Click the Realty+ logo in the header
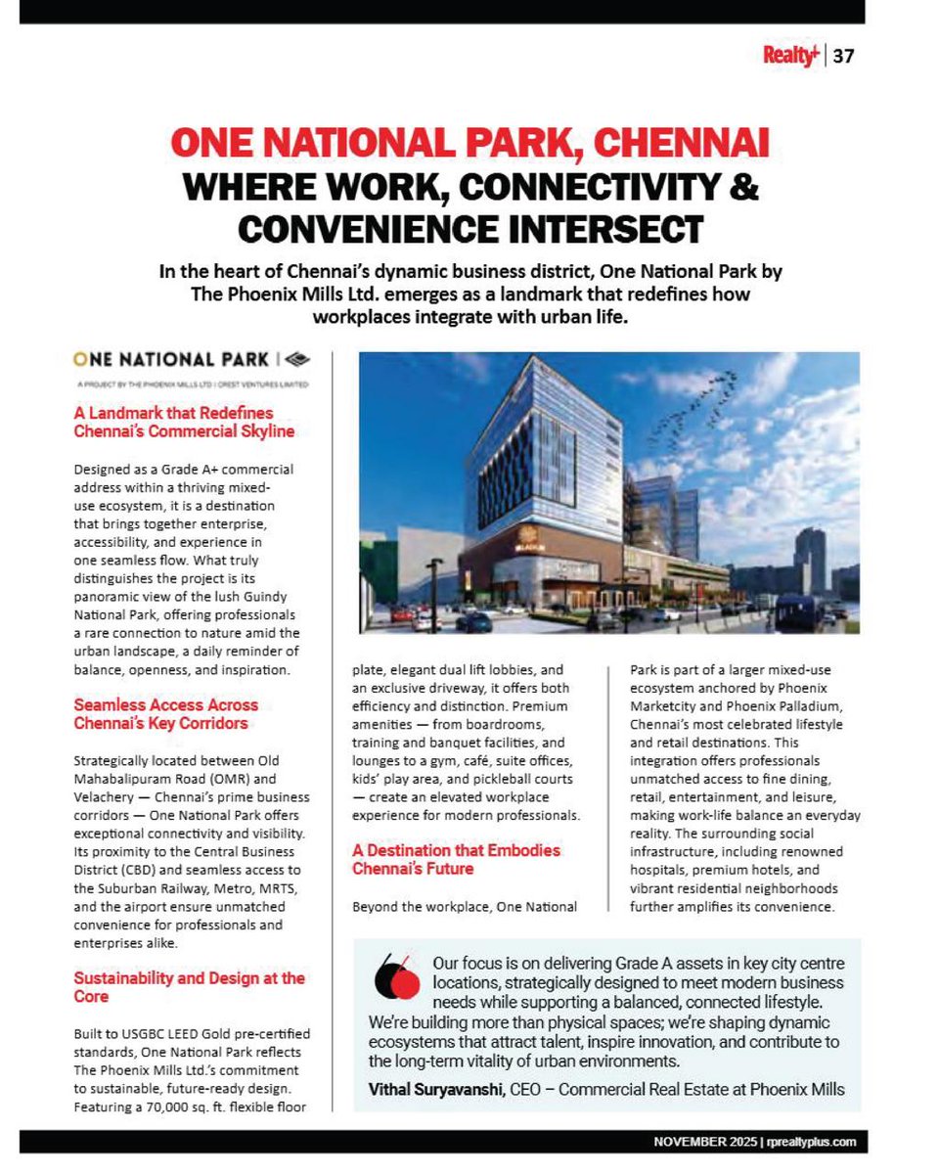(792, 56)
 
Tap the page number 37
(844, 57)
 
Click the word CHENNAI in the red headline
(671, 145)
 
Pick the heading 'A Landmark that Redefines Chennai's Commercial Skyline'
(184, 422)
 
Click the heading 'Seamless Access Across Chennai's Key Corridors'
(166, 713)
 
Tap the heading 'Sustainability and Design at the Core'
(189, 987)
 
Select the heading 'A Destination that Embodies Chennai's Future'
(456, 859)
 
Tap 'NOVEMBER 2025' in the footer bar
(700, 1143)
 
